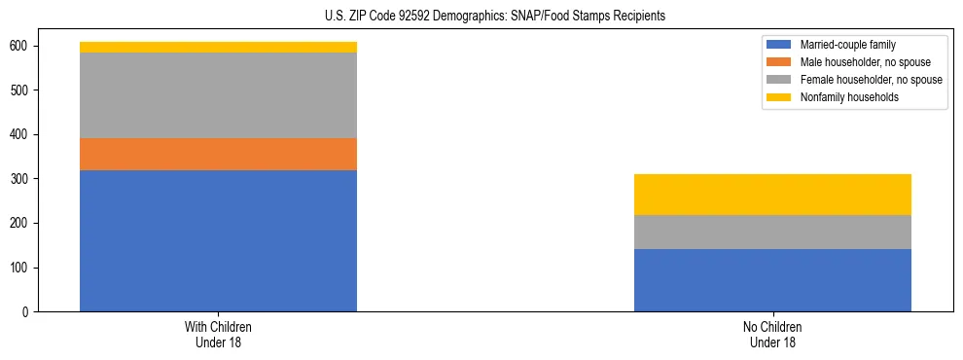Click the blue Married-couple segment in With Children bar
pyautogui.click(x=218, y=240)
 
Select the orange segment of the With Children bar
pyautogui.click(x=218, y=154)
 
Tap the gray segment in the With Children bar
pyautogui.click(x=218, y=95)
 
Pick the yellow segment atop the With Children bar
pyautogui.click(x=218, y=47)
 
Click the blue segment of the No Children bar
pyautogui.click(x=772, y=280)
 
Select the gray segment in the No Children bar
pyautogui.click(x=772, y=232)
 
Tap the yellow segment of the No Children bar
pyautogui.click(x=772, y=195)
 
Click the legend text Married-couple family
pyautogui.click(x=848, y=45)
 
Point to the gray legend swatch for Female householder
pyautogui.click(x=779, y=80)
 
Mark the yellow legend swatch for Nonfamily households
pyautogui.click(x=779, y=97)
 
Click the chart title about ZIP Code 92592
pyautogui.click(x=495, y=17)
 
